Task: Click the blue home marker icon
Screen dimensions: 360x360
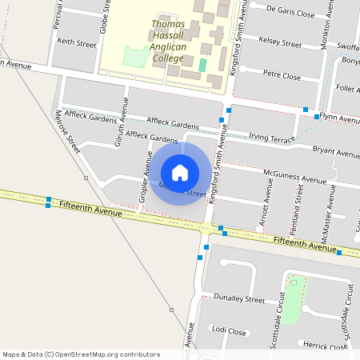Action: [x=180, y=173]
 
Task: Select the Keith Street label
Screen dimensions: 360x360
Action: [x=77, y=42]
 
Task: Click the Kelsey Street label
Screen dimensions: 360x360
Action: [x=280, y=42]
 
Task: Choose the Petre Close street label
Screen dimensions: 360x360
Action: [x=282, y=75]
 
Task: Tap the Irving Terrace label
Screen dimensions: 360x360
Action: [x=272, y=138]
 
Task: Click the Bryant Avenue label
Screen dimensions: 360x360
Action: [x=336, y=151]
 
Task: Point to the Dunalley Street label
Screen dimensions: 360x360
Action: [x=239, y=298]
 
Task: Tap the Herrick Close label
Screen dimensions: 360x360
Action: [x=324, y=346]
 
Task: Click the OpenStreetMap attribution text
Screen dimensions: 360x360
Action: [x=81, y=354]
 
